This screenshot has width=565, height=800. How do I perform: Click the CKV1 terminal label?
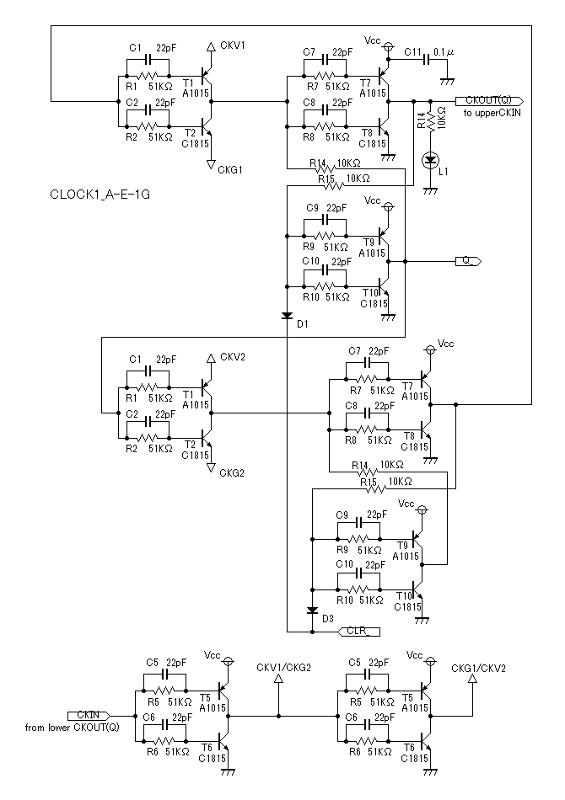[x=233, y=45]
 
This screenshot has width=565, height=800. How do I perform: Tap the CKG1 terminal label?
[x=230, y=170]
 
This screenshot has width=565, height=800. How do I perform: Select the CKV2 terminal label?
[x=233, y=357]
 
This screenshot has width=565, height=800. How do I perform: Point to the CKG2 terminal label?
[x=231, y=473]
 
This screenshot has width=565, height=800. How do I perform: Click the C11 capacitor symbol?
[x=428, y=60]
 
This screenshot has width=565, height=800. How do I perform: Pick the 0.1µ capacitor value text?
[x=444, y=52]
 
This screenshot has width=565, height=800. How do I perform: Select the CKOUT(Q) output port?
[x=489, y=100]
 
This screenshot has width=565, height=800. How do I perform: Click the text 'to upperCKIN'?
[x=492, y=113]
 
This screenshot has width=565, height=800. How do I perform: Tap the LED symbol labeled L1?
[x=430, y=160]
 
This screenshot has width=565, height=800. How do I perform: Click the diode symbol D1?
[x=287, y=316]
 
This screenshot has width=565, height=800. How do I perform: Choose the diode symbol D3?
[x=312, y=611]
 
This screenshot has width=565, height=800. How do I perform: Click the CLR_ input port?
[x=359, y=632]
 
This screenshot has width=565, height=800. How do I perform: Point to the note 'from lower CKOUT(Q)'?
[x=72, y=728]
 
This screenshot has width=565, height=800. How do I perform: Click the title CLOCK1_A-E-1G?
[x=100, y=195]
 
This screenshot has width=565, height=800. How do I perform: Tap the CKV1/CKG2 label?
[x=283, y=668]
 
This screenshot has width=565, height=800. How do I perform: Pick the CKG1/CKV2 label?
[x=478, y=669]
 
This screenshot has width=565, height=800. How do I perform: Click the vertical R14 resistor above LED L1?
[x=430, y=122]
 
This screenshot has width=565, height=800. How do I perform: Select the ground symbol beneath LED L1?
[x=430, y=191]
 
